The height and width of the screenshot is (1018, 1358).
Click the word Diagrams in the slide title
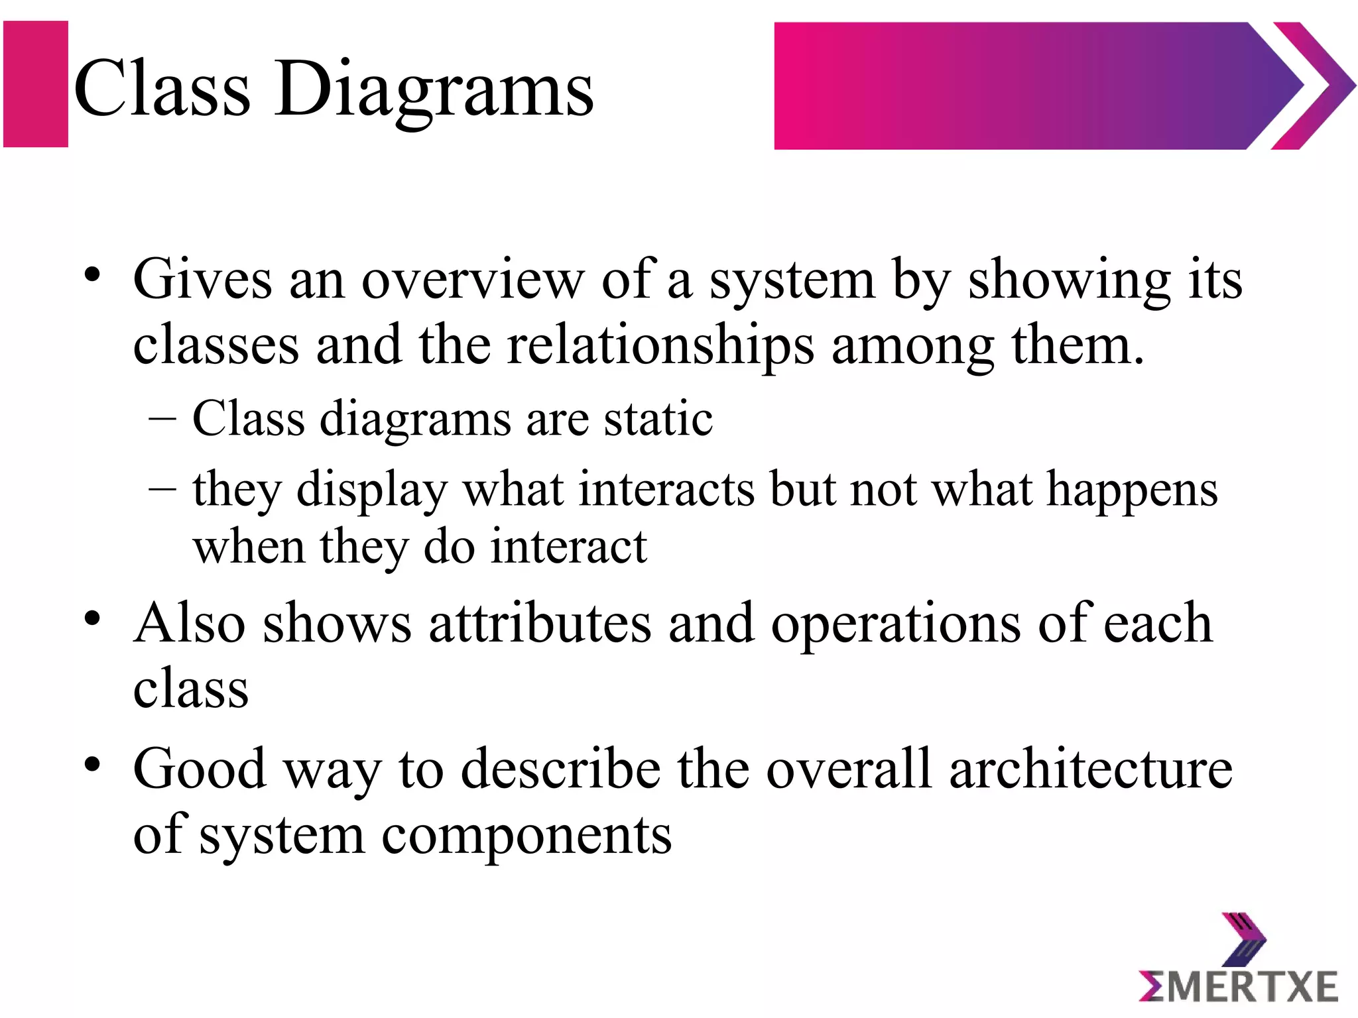coord(434,89)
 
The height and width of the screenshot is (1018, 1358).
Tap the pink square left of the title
coord(36,84)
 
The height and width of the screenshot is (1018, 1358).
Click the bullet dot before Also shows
coord(92,618)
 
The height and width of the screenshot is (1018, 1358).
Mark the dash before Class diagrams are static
coord(162,420)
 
